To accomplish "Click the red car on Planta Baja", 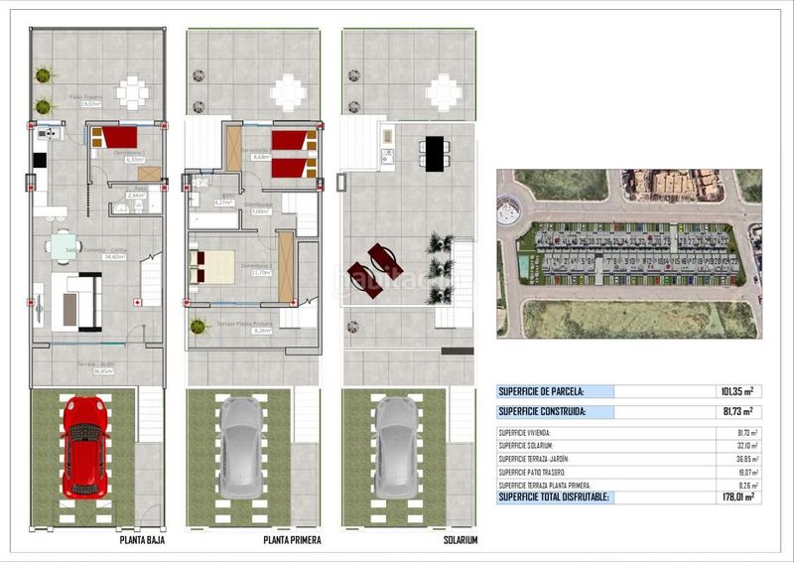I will click(x=84, y=447).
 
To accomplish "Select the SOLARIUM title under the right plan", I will click(x=461, y=540).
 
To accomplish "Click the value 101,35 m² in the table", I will click(x=733, y=392).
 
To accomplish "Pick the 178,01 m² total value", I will click(x=733, y=496).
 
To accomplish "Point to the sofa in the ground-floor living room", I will click(x=77, y=302).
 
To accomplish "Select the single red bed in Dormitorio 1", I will click(x=116, y=137).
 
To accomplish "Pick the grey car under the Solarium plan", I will click(x=397, y=447).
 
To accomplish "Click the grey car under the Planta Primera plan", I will click(x=241, y=447).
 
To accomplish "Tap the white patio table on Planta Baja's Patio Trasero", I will click(x=132, y=92).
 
